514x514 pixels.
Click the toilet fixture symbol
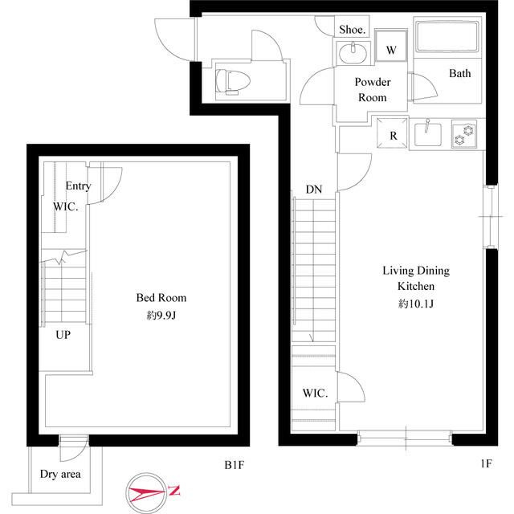(x=233, y=81)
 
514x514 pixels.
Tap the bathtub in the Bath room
(x=447, y=36)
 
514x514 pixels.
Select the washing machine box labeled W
(x=391, y=46)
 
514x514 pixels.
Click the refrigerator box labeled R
(x=393, y=133)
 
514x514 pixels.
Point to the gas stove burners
(x=464, y=134)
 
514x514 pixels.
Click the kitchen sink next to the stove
(x=428, y=134)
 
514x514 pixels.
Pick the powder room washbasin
(x=353, y=53)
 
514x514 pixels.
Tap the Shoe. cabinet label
(x=352, y=30)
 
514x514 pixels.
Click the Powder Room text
(x=373, y=89)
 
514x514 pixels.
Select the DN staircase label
(x=314, y=190)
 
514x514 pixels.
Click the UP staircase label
(x=63, y=335)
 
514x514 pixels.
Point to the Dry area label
(x=60, y=474)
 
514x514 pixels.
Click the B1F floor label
(x=234, y=465)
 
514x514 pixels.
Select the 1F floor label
(x=486, y=463)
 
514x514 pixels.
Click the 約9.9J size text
(x=161, y=316)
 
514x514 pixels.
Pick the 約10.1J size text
(x=416, y=304)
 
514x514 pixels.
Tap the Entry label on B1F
(x=78, y=186)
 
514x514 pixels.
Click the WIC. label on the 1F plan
(x=315, y=393)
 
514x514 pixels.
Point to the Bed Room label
(x=161, y=298)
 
